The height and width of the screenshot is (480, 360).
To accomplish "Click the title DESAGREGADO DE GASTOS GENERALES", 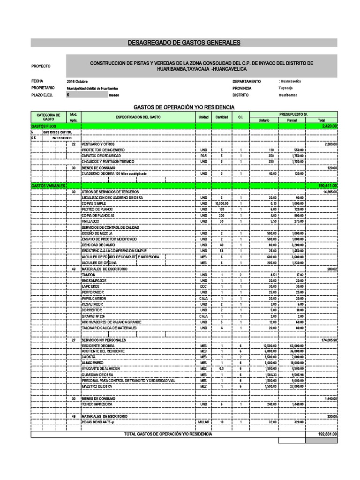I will tap(184, 43).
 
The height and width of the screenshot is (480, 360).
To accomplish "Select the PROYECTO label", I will tap(41, 67).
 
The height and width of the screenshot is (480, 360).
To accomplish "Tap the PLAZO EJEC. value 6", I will tap(68, 95).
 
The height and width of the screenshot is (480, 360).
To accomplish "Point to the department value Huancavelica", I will tap(291, 81).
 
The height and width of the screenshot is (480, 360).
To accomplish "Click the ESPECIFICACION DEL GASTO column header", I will tap(138, 117).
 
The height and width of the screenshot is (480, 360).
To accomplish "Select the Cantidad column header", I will tap(221, 117).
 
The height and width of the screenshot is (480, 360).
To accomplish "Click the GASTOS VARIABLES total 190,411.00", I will tap(327, 186).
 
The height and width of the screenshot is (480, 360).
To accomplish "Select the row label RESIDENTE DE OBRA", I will tap(97, 345).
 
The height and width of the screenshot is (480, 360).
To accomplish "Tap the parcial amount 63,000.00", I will tap(296, 345).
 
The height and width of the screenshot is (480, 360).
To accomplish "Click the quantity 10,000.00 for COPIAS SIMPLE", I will tap(221, 204).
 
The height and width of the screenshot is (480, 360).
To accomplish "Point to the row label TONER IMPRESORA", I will tap(97, 404).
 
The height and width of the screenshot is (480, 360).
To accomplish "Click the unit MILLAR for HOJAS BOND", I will tap(203, 422).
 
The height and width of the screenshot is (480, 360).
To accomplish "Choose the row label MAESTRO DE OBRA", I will tap(96, 386).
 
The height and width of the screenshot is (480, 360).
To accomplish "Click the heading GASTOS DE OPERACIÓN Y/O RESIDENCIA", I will tap(184, 107).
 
